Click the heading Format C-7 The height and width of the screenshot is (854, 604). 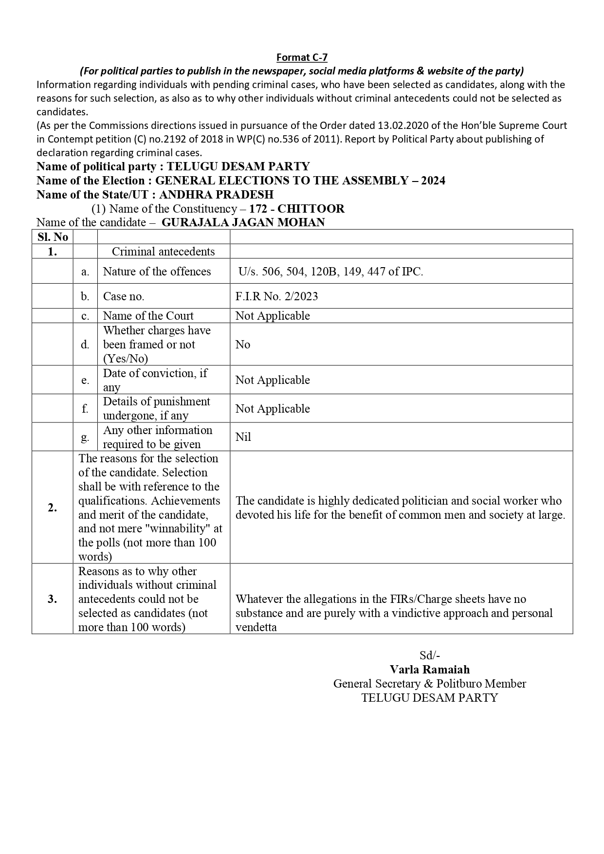[302, 57]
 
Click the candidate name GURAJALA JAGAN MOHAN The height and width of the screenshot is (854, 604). [243, 222]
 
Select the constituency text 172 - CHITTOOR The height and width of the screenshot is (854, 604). [296, 209]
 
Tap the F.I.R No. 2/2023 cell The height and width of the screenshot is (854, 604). [276, 296]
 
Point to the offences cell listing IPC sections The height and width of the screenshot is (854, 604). [330, 272]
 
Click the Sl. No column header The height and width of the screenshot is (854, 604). [53, 237]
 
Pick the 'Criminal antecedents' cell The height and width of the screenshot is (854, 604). [163, 252]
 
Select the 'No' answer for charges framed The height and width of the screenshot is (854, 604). [242, 345]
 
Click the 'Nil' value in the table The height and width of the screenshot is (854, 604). [243, 437]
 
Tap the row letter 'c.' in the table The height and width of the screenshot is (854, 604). [85, 316]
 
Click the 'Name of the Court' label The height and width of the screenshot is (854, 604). [148, 316]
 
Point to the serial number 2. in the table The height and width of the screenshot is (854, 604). [53, 508]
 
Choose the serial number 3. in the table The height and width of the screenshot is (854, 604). [53, 599]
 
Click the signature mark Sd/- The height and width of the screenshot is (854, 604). [430, 655]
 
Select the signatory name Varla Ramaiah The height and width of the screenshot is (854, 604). [429, 669]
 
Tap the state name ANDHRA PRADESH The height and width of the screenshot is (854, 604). [216, 195]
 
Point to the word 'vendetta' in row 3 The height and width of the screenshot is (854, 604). [256, 627]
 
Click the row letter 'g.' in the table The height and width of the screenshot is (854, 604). [85, 437]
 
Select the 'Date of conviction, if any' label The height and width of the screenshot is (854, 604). [155, 380]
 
